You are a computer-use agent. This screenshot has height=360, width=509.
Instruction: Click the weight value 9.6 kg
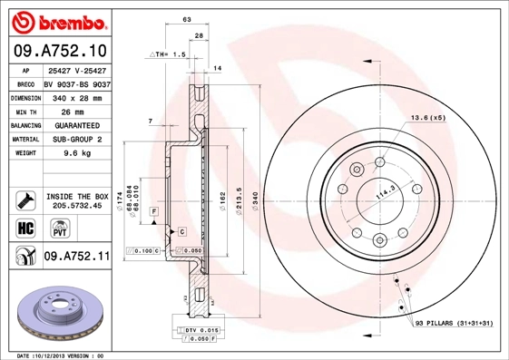(75, 154)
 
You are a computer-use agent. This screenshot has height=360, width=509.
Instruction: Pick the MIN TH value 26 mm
(75, 111)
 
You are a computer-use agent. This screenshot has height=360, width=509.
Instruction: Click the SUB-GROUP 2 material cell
(75, 140)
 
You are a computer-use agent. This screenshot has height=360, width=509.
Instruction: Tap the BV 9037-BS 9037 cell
(75, 83)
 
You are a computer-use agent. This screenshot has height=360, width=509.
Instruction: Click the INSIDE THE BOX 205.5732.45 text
(76, 201)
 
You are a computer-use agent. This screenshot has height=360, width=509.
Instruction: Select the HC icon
(24, 227)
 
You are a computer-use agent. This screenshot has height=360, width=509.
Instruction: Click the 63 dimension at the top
(186, 19)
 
